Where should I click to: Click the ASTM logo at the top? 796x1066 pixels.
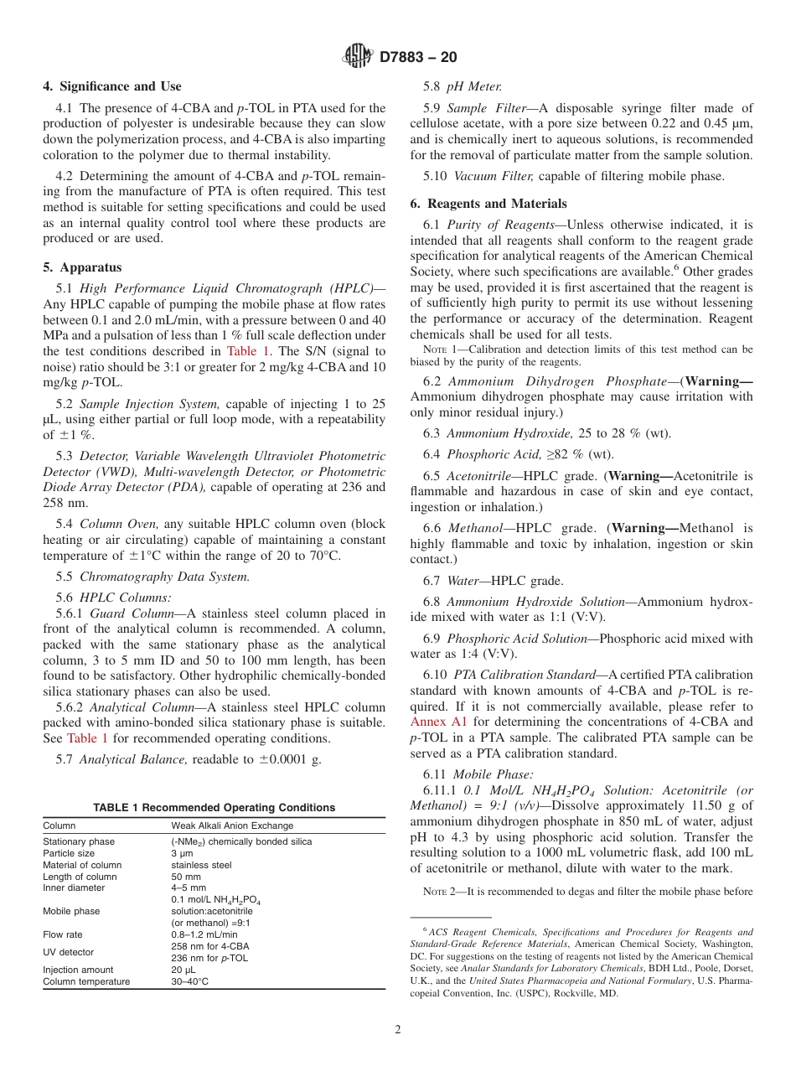point(358,57)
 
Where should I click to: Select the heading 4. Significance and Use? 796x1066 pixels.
point(112,86)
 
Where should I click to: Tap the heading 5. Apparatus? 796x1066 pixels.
point(82,267)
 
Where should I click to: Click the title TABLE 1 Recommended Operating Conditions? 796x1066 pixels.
point(214,808)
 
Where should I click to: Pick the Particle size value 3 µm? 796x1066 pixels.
point(183,853)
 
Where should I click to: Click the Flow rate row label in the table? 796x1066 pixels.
point(64,934)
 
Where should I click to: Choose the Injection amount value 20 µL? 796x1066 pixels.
point(183,970)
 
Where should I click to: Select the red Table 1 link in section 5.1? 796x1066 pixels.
point(250,351)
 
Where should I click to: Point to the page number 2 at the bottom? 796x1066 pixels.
point(398,1030)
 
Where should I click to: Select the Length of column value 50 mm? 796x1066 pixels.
point(186,877)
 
